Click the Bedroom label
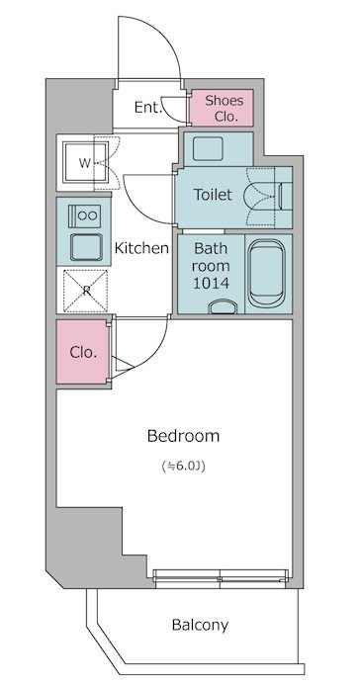tap(183, 436)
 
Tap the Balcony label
tap(200, 625)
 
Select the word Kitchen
tap(141, 248)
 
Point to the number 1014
tap(211, 283)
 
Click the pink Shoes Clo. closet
tap(222, 108)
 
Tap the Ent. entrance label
tap(148, 107)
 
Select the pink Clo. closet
tap(82, 352)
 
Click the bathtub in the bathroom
tap(267, 274)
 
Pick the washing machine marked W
tap(85, 163)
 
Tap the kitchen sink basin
tap(86, 247)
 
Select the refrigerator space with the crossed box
tap(85, 291)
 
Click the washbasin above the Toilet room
tap(208, 148)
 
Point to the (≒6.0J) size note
tap(183, 467)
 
